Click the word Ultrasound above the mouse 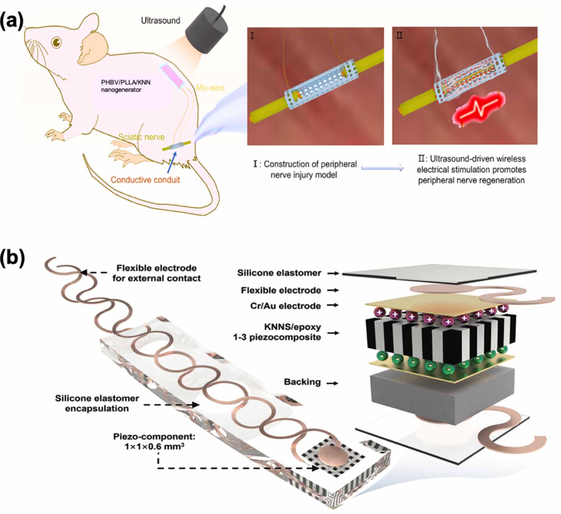(160, 20)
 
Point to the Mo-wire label (210, 88)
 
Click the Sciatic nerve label (141, 137)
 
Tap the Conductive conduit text (145, 180)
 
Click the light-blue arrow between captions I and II (382, 168)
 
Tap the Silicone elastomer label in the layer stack (279, 273)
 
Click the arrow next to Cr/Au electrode (333, 305)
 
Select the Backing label (302, 382)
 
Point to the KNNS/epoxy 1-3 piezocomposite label (277, 332)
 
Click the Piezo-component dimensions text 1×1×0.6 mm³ (154, 447)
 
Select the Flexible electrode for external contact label (156, 273)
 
